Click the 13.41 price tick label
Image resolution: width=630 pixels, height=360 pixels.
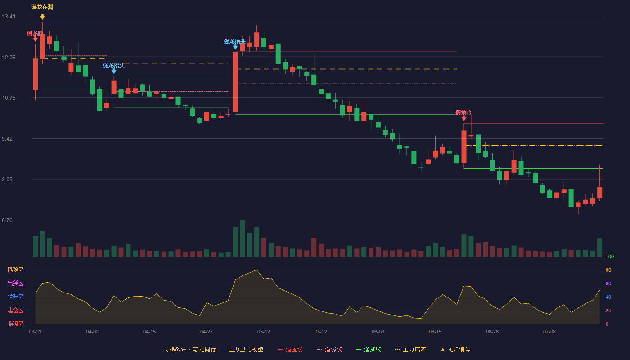9,17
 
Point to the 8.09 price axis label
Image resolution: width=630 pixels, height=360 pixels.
7,180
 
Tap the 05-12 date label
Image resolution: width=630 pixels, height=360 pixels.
264,332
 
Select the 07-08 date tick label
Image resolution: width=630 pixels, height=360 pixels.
549,332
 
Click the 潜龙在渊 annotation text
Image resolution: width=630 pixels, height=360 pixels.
42,7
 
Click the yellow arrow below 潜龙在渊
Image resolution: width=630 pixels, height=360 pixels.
42,17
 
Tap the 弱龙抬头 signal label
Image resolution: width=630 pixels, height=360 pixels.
113,66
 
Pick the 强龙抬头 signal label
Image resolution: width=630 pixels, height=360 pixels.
234,41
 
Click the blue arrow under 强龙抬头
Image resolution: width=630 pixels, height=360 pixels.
235,47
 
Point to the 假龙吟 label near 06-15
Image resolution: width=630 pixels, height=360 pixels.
463,113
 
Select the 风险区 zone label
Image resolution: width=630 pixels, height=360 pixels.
15,270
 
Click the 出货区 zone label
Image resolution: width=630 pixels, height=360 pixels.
15,283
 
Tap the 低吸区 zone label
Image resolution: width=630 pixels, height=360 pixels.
15,324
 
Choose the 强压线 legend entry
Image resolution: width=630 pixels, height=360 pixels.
290,349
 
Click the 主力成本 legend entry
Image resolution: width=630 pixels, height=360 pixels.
410,349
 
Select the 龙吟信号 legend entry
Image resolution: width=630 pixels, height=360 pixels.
455,349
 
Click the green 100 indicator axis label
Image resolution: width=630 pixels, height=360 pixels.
610,256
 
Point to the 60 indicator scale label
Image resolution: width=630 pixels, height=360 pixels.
608,283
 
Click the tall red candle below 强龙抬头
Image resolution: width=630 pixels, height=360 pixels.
235,82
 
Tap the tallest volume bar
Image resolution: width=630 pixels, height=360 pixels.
243,238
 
